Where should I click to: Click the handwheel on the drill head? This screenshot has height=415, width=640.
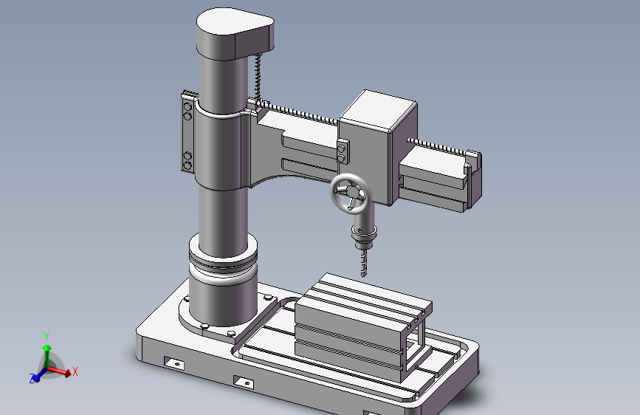tap(340, 182)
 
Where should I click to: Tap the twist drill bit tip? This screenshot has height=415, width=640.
tap(364, 276)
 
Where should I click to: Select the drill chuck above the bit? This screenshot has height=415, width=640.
tap(364, 236)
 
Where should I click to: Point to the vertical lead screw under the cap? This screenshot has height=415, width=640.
tap(258, 77)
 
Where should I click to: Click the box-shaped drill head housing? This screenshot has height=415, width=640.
tap(377, 147)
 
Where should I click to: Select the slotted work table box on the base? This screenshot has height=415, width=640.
tap(363, 327)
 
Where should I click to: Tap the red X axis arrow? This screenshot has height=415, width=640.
tap(58, 371)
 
